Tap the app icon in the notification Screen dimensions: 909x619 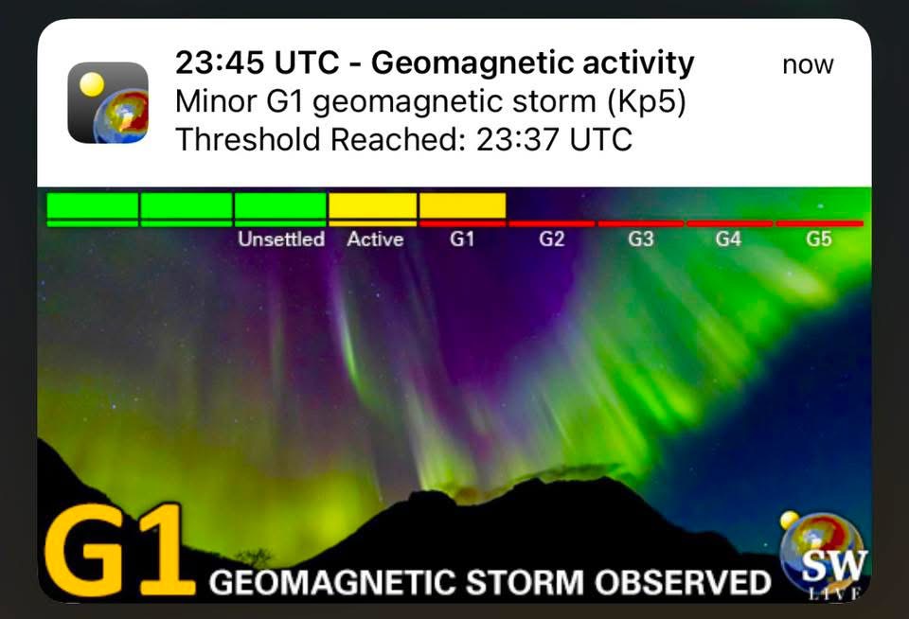[108, 102]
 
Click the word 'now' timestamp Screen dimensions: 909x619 [808, 64]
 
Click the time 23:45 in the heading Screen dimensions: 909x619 [220, 62]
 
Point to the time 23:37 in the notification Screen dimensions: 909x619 [519, 140]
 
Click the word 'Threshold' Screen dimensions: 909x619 [248, 140]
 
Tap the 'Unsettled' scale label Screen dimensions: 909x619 [281, 239]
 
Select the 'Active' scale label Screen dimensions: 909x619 [375, 239]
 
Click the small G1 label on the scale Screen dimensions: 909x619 [462, 239]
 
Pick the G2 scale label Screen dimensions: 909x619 [551, 239]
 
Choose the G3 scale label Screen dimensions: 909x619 [641, 239]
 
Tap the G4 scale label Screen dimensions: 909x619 [729, 239]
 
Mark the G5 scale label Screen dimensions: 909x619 [818, 239]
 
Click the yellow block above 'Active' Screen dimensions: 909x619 [373, 205]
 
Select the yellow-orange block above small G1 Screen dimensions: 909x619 [463, 205]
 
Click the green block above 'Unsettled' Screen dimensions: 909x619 [280, 205]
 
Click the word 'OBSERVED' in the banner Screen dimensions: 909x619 [683, 582]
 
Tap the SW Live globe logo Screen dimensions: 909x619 [823, 553]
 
